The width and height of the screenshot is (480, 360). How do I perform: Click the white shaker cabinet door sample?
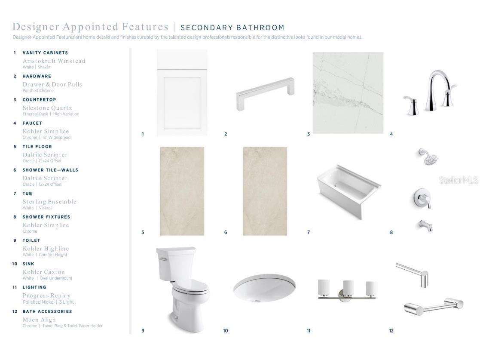point(182,93)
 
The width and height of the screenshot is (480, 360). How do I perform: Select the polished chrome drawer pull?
point(265,93)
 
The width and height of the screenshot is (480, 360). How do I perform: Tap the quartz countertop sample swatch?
point(348,92)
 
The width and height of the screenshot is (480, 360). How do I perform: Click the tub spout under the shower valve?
point(426,225)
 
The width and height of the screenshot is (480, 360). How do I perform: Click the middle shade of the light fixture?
point(349,288)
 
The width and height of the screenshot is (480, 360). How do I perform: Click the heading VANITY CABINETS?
point(45,53)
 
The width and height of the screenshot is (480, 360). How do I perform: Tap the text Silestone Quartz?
point(47,108)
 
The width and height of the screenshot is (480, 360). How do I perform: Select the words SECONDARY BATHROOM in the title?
point(232,28)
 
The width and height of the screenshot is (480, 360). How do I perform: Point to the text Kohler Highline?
point(46,249)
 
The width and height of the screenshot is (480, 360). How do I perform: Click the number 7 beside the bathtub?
point(309,232)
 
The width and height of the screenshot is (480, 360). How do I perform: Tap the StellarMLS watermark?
point(458,180)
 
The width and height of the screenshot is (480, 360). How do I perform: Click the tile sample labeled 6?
point(265,191)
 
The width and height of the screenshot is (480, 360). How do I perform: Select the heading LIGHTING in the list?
point(34,287)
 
